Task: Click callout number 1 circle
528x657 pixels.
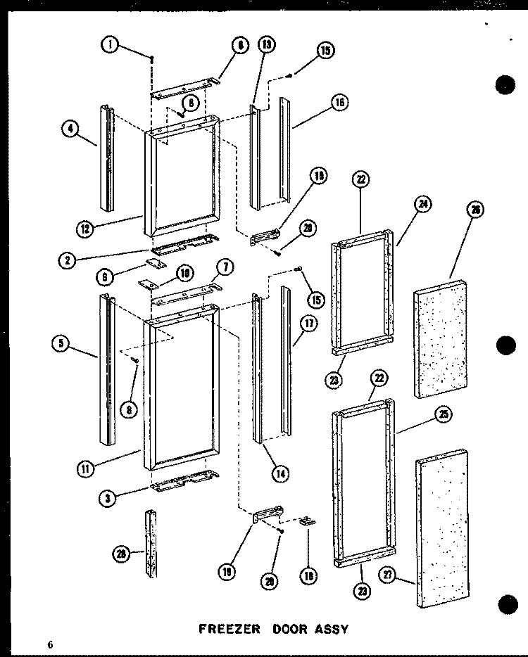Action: [109, 46]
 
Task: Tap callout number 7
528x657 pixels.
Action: [226, 267]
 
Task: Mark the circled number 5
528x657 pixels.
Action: [61, 344]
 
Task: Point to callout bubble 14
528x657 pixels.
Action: [281, 473]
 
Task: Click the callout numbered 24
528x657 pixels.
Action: [424, 205]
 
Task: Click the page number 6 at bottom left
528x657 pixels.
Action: [51, 644]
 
